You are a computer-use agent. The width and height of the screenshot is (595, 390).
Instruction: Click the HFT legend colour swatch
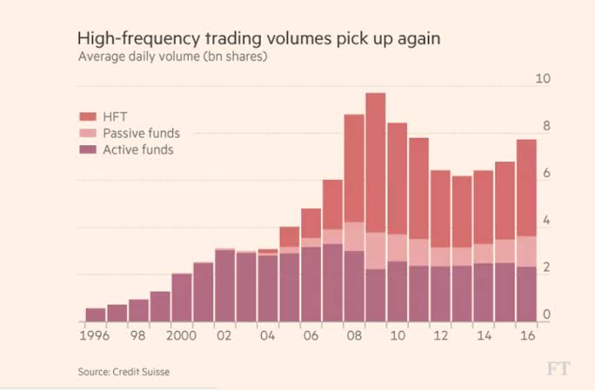87,116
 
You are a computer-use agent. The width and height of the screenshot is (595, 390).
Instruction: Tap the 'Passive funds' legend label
141,133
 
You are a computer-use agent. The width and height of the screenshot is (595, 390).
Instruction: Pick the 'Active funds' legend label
137,149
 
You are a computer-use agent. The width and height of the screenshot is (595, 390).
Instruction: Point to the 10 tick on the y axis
543,79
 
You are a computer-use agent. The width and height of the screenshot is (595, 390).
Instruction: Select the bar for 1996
96,314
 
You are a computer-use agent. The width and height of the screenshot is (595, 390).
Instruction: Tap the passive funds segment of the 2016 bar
526,251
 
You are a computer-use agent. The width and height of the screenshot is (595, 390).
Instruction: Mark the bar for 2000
182,297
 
